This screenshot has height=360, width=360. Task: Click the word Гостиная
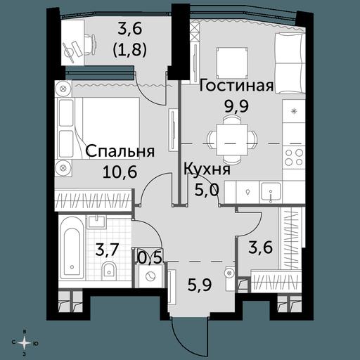(236, 86)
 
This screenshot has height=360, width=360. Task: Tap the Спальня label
(120, 152)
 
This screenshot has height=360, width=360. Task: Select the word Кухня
(207, 169)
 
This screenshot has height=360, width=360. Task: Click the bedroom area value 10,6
(120, 172)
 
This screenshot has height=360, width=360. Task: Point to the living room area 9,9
(236, 107)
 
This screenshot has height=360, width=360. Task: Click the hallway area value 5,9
(200, 284)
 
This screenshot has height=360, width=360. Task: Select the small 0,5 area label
(150, 258)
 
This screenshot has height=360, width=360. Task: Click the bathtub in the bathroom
(71, 247)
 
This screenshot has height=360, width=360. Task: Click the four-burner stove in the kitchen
(294, 157)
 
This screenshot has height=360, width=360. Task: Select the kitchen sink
(271, 192)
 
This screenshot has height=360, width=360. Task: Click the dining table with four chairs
(232, 140)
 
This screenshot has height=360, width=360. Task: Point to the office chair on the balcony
(90, 44)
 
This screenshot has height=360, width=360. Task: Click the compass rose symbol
(25, 343)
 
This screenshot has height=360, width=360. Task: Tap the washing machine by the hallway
(150, 276)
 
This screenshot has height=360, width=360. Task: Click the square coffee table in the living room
(232, 63)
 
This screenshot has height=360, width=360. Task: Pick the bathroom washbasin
(96, 221)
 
